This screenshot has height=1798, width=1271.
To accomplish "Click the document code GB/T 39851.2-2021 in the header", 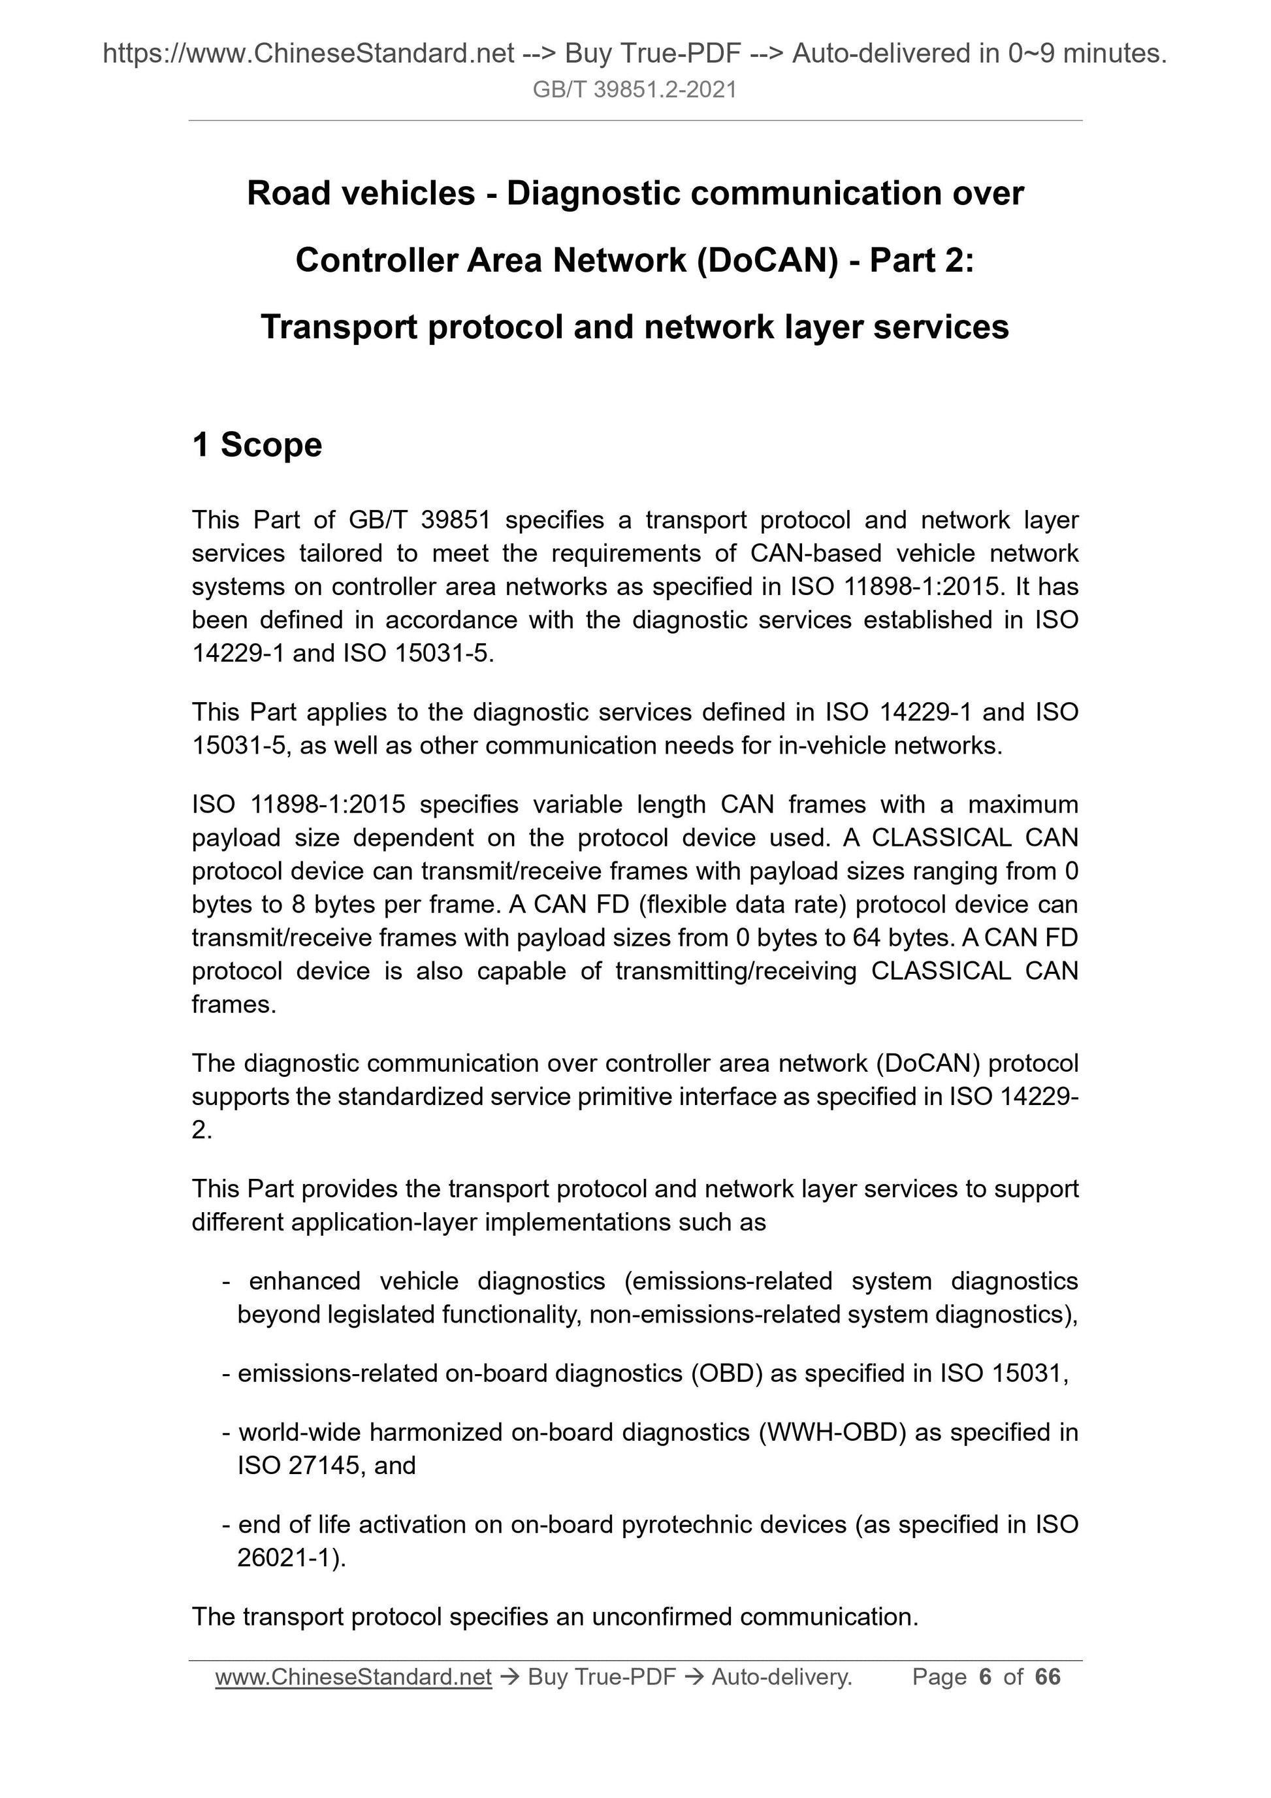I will (x=634, y=90).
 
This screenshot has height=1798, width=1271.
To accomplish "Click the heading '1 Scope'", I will (x=257, y=445).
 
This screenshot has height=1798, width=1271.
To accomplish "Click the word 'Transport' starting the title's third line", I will (x=339, y=327).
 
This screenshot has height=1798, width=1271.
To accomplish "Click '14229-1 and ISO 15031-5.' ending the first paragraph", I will (x=343, y=653).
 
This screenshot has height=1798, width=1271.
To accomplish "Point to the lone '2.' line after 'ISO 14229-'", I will (x=202, y=1131).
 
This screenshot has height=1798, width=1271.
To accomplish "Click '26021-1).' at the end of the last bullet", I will (x=291, y=1558).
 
